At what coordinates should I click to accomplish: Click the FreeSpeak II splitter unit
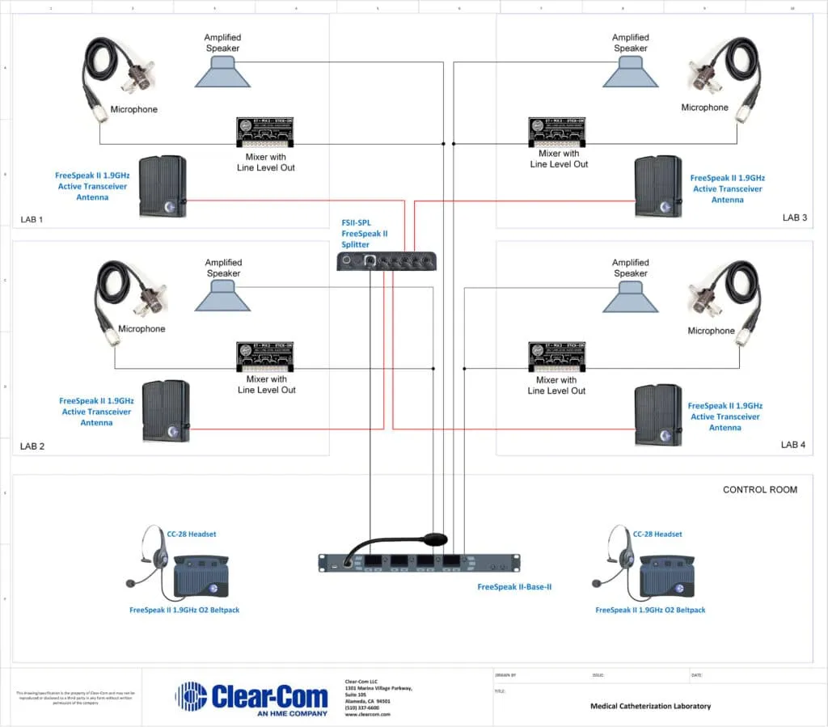pyautogui.click(x=387, y=260)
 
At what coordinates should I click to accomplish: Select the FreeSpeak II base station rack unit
pyautogui.click(x=418, y=563)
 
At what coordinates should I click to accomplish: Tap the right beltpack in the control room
pyautogui.click(x=667, y=575)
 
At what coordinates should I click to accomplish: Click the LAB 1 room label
pyautogui.click(x=32, y=219)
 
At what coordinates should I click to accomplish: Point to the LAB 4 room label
pyautogui.click(x=793, y=445)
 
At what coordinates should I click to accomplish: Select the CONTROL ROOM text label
pyautogui.click(x=759, y=489)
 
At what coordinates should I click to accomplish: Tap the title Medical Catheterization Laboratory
pyautogui.click(x=650, y=706)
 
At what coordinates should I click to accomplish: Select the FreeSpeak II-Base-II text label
pyautogui.click(x=514, y=586)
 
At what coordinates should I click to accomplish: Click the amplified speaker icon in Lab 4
pyautogui.click(x=631, y=299)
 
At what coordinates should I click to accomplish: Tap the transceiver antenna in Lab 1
pyautogui.click(x=163, y=187)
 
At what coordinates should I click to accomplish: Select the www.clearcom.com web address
pyautogui.click(x=367, y=714)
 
